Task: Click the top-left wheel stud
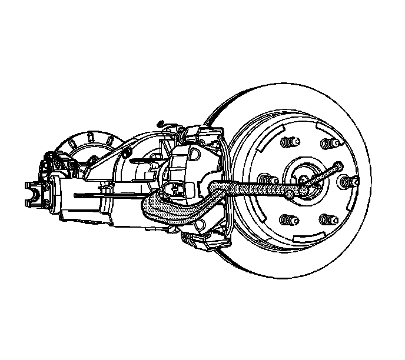click(288, 144)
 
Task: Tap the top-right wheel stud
click(327, 144)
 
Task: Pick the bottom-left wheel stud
click(288, 221)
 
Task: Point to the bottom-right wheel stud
click(327, 221)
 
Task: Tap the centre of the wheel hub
click(303, 181)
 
